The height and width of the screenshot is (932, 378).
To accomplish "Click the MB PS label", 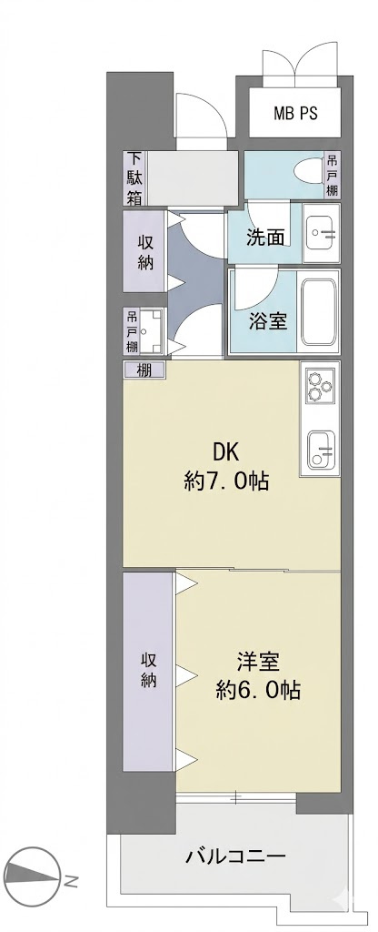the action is tap(295, 114).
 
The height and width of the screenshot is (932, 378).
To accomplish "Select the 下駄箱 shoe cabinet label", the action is tap(135, 178).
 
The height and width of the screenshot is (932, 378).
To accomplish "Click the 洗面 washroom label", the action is tap(265, 238).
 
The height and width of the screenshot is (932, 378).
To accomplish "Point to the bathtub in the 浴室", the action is tap(319, 312).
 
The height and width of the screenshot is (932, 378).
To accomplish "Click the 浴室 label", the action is tap(268, 321).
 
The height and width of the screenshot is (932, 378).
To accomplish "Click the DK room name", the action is tap(225, 453).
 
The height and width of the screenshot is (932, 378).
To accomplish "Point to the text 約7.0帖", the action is tap(226, 481).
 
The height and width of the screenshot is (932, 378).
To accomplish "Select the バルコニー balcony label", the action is tap(236, 857).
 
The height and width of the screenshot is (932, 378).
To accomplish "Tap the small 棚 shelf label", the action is tap(144, 370).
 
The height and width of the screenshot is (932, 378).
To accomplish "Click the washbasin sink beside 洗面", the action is tap(321, 234).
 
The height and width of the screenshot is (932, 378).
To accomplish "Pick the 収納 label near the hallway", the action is tap(146, 252).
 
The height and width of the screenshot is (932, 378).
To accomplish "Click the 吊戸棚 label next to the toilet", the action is tap(332, 176).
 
